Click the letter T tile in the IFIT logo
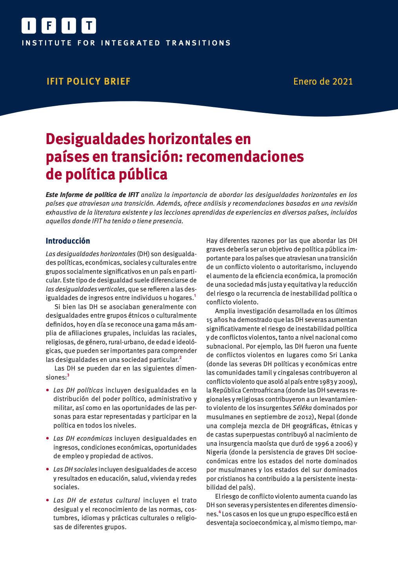[89, 26]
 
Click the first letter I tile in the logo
[29, 26]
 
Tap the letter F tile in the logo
[49, 26]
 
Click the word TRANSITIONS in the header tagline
[198, 43]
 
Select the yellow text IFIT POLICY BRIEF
[88, 81]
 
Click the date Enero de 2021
[323, 81]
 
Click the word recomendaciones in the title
[245, 156]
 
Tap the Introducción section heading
[68, 241]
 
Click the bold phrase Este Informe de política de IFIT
[92, 195]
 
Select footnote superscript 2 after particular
[180, 357]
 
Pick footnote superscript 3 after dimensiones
[68, 375]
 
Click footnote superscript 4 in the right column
[220, 512]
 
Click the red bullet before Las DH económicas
[47, 439]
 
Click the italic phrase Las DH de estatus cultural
[96, 500]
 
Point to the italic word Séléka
[302, 408]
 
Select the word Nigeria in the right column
[217, 452]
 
